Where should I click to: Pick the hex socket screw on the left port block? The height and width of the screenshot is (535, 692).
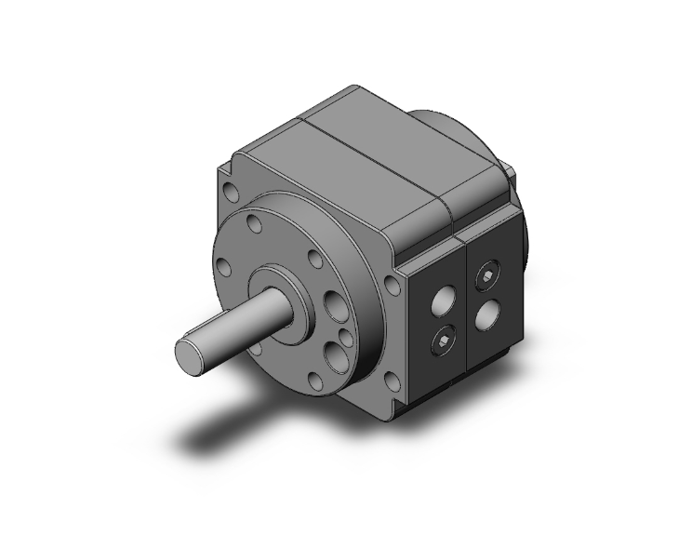click(x=442, y=346)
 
